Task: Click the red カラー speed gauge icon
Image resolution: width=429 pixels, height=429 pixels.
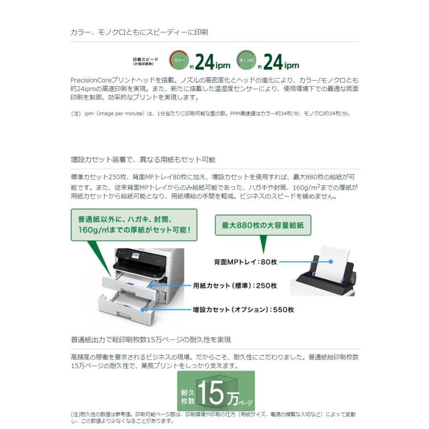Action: (179, 60)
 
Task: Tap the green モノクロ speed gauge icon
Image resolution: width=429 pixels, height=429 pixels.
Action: (246, 60)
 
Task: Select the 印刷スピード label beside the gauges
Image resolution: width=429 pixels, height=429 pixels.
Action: (145, 61)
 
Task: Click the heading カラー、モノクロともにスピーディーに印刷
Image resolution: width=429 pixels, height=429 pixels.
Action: (139, 32)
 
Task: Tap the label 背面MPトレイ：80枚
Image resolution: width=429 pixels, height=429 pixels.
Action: (245, 262)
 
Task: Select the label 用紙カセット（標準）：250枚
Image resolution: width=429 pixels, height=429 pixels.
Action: (235, 286)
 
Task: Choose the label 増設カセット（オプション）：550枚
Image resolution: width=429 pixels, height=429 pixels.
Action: (243, 309)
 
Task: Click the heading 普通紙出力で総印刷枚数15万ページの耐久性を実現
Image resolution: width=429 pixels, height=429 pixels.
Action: (151, 339)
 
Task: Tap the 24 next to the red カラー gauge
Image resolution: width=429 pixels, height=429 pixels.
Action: (206, 61)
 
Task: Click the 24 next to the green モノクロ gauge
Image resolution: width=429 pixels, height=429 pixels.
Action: (274, 61)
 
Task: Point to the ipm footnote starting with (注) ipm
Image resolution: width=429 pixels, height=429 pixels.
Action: (210, 113)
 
